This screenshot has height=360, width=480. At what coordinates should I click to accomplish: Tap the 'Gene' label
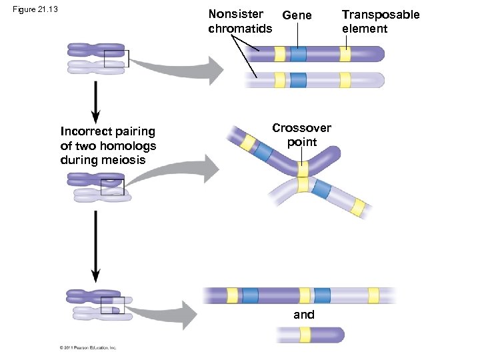coord(297,15)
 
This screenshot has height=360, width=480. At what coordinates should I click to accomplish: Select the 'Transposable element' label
coord(381,21)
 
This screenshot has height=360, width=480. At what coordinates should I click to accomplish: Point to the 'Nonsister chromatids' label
coord(240,21)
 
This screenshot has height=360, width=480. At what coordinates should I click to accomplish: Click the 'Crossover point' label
coord(301,135)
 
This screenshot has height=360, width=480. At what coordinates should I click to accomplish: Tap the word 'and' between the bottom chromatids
coord(304,315)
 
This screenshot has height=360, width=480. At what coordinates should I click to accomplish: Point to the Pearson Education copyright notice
coord(88,347)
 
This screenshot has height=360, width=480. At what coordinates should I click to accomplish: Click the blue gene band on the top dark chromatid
coord(298,54)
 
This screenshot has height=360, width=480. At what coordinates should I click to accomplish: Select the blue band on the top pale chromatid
coord(298,80)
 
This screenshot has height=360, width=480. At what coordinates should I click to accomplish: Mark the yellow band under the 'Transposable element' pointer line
coord(345,54)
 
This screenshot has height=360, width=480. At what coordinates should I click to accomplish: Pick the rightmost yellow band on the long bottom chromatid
coord(373,295)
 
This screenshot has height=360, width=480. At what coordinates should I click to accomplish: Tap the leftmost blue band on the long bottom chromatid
coord(251,295)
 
